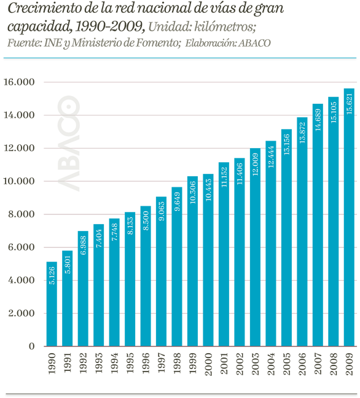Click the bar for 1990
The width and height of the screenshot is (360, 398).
(x=52, y=304)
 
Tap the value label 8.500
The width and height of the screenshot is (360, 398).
(x=146, y=221)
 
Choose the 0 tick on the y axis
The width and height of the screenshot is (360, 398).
(x=31, y=346)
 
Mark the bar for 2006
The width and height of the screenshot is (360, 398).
(x=302, y=233)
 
